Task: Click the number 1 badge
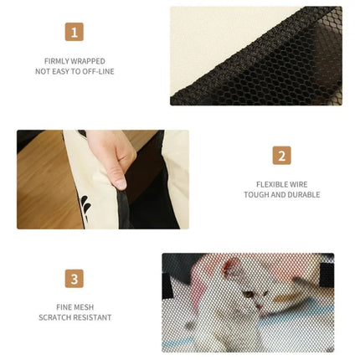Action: point(75,32)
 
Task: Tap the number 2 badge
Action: point(282,156)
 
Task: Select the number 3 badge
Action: point(75,279)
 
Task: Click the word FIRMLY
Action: point(57,61)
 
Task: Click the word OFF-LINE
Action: point(98,71)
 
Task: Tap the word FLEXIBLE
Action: point(269,184)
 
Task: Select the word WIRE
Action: point(299,184)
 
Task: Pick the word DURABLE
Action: point(306,194)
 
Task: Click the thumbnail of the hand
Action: point(103,179)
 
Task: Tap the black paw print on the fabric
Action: point(85,208)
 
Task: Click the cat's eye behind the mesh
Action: point(248,294)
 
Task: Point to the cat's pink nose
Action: point(260,306)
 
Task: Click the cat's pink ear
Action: point(230,266)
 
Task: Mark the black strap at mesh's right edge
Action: point(327,275)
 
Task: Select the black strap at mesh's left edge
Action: point(167,285)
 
